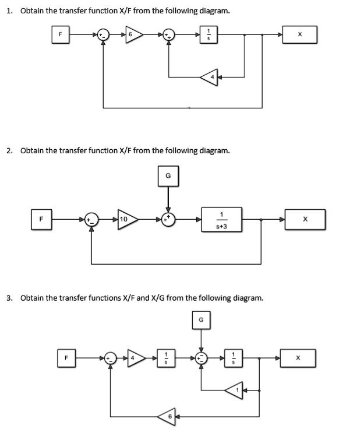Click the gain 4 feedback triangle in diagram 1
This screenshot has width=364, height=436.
pos(208,77)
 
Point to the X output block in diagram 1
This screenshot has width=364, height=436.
pos(300,34)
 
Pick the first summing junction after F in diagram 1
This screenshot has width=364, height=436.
pos(104,34)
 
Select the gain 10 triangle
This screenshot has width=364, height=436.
pos(127,220)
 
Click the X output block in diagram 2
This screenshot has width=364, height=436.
pos(305,220)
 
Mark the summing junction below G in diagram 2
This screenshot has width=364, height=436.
pos(168,220)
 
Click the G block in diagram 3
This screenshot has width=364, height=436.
pos(201,320)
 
